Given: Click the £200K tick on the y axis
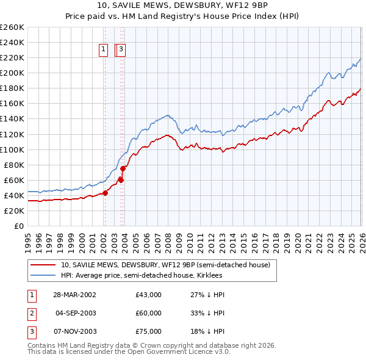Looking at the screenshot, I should pos(12,73).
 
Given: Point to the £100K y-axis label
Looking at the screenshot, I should pos(12,149).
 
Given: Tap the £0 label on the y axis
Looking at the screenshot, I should pos(18,226).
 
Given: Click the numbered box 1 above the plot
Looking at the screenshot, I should pos(104,50).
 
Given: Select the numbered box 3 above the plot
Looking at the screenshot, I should pos(121,50).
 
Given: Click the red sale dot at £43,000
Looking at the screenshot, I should pos(105,193).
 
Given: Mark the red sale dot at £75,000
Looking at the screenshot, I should pos(123,168).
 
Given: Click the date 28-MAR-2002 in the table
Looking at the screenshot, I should pos(74,295).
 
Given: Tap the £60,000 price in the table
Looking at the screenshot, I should pos(149,313).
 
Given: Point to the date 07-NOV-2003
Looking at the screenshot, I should pos(74,331).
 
